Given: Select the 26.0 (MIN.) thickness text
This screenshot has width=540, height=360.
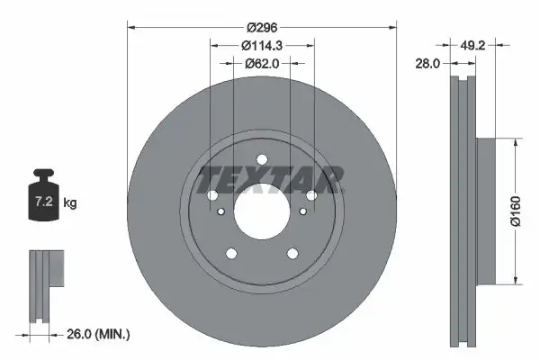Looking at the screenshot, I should click(98, 335).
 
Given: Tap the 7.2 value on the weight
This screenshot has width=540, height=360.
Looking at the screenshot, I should click(44, 203).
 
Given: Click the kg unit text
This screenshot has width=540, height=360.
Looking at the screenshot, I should click(70, 203).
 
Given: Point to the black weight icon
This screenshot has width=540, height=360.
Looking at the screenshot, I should click(44, 193).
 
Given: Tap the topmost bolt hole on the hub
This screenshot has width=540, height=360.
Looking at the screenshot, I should click(262, 161).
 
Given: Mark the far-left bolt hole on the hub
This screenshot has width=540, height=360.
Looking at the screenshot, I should click(212, 197).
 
